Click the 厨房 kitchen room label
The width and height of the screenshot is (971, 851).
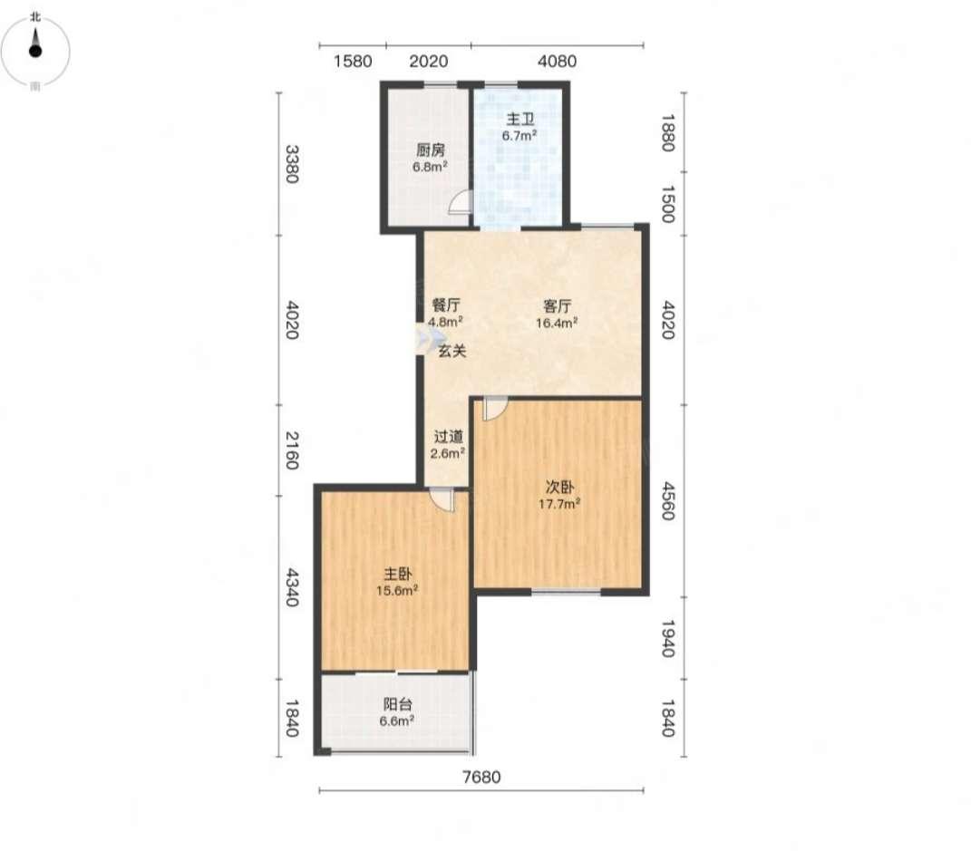click(431, 150)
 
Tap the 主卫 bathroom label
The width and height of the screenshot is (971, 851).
click(520, 119)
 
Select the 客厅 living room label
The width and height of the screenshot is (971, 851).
click(557, 305)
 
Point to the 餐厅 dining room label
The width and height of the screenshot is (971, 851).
click(446, 305)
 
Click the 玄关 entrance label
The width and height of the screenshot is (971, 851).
click(452, 351)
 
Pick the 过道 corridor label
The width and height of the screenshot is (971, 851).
click(449, 437)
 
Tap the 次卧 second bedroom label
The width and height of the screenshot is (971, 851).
click(559, 487)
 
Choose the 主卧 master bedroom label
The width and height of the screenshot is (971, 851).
click(398, 575)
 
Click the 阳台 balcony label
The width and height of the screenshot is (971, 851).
click(398, 704)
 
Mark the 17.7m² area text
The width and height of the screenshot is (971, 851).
click(559, 504)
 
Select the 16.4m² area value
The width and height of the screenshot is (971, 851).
click(557, 322)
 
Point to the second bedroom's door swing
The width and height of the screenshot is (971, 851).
click(495, 409)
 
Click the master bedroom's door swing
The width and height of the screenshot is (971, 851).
click(442, 500)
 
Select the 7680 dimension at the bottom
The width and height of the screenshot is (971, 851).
click(481, 777)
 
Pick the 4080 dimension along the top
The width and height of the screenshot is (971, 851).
click(558, 62)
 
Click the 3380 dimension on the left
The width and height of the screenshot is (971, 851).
click(292, 164)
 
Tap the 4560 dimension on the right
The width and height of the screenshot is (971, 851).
click(667, 500)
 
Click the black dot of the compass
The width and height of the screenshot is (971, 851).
click(35, 51)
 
